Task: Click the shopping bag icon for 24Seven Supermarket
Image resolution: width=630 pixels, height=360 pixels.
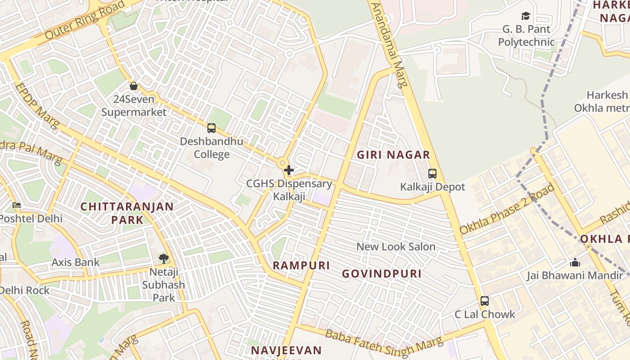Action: point(134,85)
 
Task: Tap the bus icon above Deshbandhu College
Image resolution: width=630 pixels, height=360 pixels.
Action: point(211,128)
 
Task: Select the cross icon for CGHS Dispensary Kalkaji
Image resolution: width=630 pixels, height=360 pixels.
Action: point(289,171)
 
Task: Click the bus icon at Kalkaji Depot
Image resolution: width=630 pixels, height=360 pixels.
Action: point(432,173)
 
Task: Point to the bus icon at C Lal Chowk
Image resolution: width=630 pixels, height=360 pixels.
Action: point(485,301)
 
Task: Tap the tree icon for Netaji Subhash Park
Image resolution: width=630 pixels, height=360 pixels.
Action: point(164,259)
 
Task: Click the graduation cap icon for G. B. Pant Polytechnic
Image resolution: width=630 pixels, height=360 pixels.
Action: point(526,16)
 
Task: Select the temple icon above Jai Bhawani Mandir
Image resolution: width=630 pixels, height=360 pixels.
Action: point(575,262)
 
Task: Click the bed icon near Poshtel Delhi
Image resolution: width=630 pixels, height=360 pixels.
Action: point(17,205)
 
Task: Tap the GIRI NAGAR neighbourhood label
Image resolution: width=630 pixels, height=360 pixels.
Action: point(393,155)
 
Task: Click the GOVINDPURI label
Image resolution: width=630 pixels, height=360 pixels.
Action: point(382,274)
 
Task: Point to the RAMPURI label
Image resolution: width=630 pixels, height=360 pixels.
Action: point(301,265)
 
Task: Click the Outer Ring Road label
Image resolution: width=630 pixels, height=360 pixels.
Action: point(85,20)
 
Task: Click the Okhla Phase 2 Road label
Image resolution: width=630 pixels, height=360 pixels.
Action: point(507,209)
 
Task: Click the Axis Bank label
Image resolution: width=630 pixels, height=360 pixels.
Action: point(76,262)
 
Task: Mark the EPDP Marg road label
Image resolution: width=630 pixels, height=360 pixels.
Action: point(37,105)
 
